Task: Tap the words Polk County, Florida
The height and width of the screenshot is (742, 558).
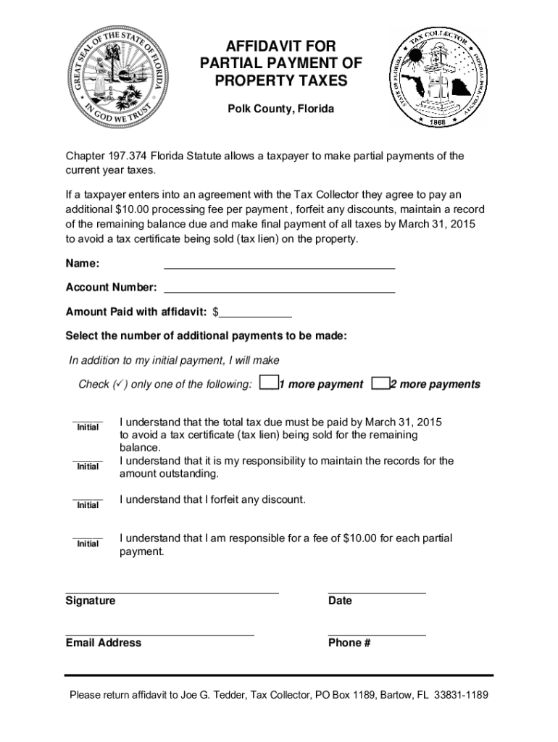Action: [281, 109]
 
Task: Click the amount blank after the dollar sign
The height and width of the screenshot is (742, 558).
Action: [255, 314]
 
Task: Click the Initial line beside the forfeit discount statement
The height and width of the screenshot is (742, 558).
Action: [88, 499]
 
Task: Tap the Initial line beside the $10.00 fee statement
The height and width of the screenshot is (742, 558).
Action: [88, 537]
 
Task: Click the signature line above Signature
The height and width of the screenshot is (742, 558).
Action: [172, 591]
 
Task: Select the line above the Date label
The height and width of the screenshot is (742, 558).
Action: [377, 591]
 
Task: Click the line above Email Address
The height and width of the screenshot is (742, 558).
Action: [159, 633]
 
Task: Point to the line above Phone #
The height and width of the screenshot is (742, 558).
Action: [377, 633]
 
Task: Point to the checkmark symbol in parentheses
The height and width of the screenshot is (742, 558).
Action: [120, 384]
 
